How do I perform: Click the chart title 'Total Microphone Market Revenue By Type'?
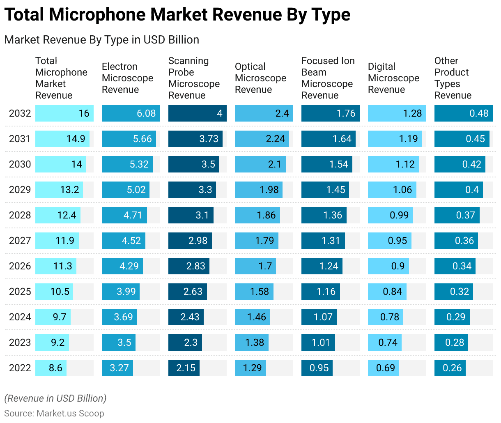tap(177, 15)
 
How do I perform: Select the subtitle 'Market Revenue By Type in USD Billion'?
tap(101, 40)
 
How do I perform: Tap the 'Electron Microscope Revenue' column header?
tap(127, 78)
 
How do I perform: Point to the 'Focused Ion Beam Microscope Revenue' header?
tap(328, 78)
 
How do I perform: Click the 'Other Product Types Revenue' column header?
tap(453, 78)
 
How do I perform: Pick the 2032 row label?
tap(20, 113)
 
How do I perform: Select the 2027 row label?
tap(20, 241)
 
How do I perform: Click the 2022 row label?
tap(20, 368)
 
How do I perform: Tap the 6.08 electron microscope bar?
tap(131, 113)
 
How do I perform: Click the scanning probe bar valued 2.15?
tap(184, 368)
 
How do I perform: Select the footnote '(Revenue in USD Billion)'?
tap(55, 398)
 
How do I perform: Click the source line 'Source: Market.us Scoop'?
tap(54, 414)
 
